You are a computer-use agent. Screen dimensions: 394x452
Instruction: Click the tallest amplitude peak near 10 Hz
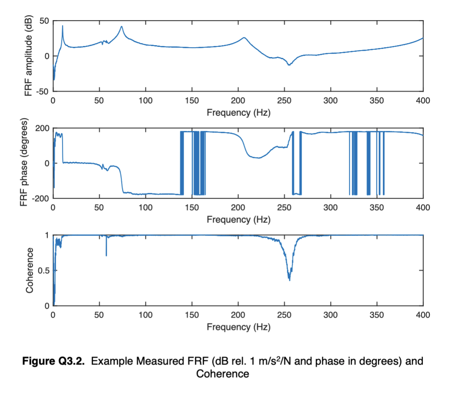click(x=62, y=26)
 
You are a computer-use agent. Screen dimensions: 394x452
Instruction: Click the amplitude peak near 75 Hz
click(x=122, y=27)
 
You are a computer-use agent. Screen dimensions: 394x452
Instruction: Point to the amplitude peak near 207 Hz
click(x=244, y=38)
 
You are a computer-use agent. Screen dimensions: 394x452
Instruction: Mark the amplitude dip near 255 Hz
click(x=289, y=65)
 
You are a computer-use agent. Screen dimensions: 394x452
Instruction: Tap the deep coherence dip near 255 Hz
click(x=289, y=279)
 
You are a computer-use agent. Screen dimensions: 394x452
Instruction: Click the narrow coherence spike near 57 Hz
click(x=106, y=255)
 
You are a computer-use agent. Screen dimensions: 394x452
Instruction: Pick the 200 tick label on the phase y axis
click(x=42, y=128)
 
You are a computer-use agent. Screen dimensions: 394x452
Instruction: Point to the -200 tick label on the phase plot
click(x=40, y=199)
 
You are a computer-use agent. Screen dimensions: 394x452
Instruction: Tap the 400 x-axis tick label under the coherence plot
click(x=423, y=315)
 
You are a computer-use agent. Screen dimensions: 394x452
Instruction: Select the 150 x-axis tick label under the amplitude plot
click(x=192, y=101)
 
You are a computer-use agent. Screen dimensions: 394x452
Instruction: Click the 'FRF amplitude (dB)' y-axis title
click(x=28, y=56)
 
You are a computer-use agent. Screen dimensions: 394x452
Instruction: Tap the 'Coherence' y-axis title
click(x=29, y=270)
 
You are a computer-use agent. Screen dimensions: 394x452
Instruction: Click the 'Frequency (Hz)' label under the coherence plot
click(x=238, y=327)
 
